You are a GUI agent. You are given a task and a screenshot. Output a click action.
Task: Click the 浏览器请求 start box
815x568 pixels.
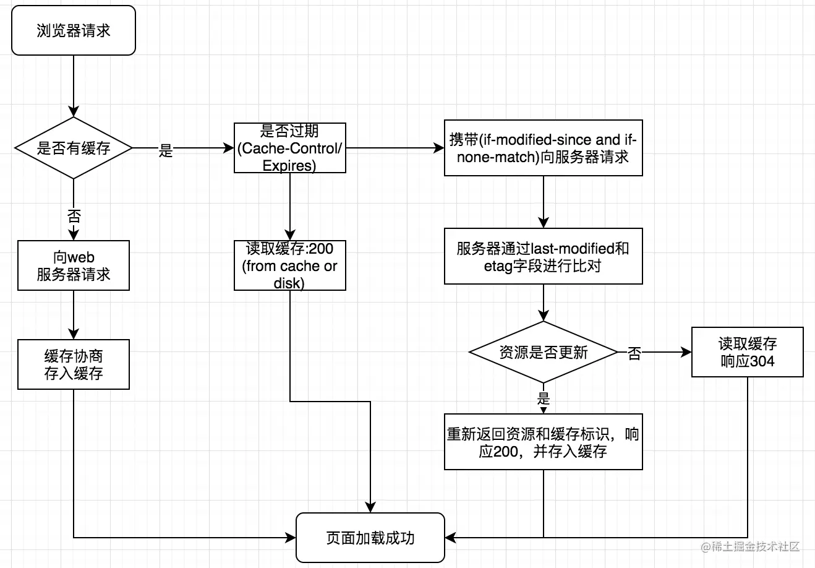[73, 30]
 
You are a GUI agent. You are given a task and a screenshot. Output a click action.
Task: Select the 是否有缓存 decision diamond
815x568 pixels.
[73, 148]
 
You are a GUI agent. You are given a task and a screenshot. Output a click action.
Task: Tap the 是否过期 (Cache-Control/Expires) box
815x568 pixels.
[289, 148]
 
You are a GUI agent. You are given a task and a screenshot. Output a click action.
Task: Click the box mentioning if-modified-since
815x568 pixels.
[543, 148]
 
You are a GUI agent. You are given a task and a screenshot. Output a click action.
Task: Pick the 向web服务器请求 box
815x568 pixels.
[73, 265]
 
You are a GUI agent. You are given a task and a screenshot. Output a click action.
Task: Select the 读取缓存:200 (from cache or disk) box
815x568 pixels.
[289, 265]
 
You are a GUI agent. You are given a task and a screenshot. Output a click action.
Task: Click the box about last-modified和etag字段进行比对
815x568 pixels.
[543, 257]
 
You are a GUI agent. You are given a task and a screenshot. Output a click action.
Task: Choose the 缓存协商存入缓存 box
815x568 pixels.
[73, 364]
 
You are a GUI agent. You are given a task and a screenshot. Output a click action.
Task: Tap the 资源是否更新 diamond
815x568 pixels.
[543, 352]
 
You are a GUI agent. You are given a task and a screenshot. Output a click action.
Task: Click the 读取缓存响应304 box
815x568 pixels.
[747, 352]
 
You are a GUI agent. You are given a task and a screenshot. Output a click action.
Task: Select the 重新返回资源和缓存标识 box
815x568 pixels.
[543, 442]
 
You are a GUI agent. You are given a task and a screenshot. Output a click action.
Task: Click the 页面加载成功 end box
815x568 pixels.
[370, 538]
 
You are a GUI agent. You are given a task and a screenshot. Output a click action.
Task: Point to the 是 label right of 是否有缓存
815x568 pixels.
[166, 150]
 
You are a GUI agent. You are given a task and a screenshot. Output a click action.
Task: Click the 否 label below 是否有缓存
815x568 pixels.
[74, 216]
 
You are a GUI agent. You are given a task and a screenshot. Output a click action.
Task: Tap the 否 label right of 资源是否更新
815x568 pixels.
[634, 354]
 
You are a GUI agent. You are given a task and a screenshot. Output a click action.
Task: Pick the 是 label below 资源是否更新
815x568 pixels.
[544, 398]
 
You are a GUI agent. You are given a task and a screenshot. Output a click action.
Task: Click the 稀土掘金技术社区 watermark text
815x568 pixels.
[756, 546]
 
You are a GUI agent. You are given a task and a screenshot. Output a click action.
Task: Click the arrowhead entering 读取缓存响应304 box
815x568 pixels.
[686, 352]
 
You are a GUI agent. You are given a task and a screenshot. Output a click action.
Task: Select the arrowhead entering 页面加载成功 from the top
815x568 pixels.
[370, 507]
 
